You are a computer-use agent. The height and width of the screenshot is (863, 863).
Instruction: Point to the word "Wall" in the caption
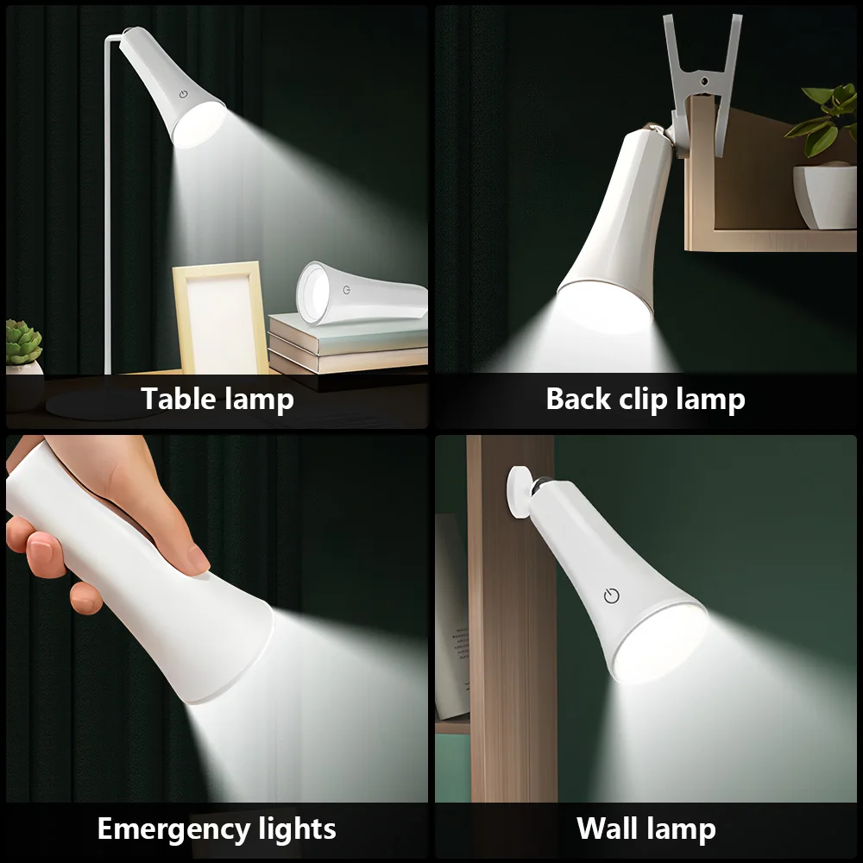click(611, 828)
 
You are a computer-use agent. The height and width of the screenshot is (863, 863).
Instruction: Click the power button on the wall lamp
click(612, 595)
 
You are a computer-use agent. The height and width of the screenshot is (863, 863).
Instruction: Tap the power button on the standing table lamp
click(185, 96)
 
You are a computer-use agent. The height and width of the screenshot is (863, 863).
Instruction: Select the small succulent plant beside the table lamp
click(23, 343)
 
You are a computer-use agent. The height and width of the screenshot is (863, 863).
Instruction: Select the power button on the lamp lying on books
click(346, 290)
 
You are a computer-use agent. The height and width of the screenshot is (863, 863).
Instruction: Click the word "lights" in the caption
click(288, 829)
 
